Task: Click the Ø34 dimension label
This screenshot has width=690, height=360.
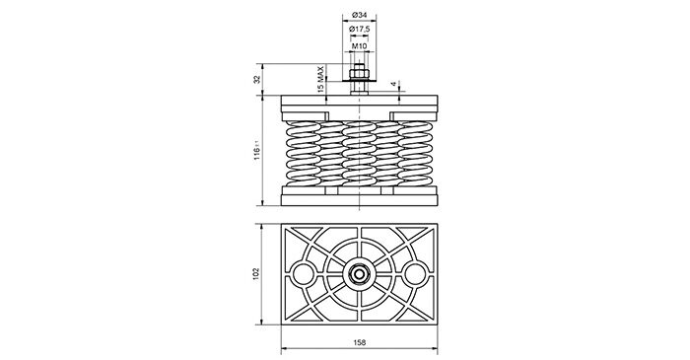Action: coord(360,16)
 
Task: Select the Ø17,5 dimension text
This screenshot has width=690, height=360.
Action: coord(360,29)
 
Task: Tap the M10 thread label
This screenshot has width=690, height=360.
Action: coord(360,45)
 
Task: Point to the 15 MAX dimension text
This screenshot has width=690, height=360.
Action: coord(320,78)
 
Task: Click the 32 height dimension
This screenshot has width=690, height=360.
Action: coord(257,80)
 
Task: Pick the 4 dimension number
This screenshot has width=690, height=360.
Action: coord(394,83)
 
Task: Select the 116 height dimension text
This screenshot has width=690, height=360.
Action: coord(257,151)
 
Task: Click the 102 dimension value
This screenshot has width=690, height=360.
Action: coord(257,274)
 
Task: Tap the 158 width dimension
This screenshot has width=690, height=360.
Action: coord(360,342)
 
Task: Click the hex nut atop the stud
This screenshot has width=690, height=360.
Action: coord(360,71)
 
